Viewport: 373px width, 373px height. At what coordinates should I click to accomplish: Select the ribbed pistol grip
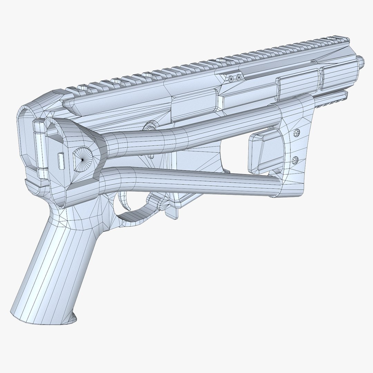[59, 262]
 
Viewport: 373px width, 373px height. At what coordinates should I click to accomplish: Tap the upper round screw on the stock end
[296, 133]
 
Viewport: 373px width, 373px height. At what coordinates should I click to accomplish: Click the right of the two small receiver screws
[239, 77]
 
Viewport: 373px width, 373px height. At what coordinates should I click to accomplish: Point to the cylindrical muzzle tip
[361, 62]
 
